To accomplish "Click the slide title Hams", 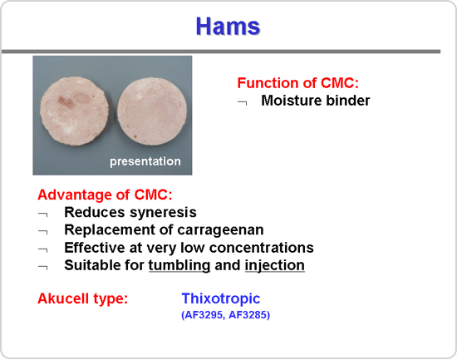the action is pos(228,27).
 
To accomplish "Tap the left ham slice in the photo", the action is pos(75,111).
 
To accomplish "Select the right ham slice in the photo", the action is pos(152,111).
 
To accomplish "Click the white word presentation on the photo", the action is pos(145,161).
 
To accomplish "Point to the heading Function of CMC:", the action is pos(297,83).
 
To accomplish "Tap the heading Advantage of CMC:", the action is pos(105,195).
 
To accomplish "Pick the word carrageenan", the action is pos(220,230).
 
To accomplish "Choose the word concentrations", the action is pos(262,248).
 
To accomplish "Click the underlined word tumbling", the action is pos(179,266).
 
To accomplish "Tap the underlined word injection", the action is pos(275,266).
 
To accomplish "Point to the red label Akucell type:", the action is pos(83,298).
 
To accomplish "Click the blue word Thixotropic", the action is pos(221,298).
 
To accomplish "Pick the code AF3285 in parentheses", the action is pos(248,315).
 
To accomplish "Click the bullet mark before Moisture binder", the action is pos(243,102).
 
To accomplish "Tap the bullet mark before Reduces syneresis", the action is pos(43,215).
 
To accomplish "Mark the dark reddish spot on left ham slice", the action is pos(65,101).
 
